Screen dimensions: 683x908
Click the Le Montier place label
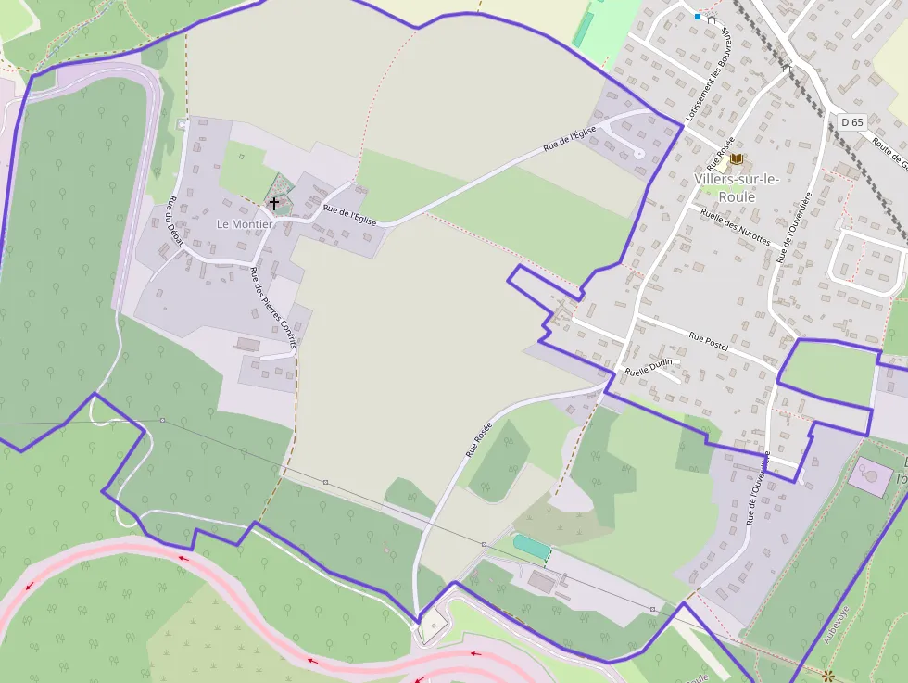[245, 224]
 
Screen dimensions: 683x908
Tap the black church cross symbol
[273, 201]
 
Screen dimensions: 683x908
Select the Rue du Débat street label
[175, 223]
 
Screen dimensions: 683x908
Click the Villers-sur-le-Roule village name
[737, 188]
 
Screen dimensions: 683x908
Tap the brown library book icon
[737, 159]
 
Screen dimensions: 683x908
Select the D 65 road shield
[851, 122]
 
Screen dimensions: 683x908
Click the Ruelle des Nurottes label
[736, 226]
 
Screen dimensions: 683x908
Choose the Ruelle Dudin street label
[649, 366]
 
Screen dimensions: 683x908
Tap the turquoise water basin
[531, 547]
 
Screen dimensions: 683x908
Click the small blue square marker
[698, 16]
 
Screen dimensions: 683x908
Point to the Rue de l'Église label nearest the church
[349, 215]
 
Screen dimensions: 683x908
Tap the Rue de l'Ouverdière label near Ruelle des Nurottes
[794, 227]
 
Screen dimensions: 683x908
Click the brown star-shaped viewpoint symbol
[827, 676]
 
